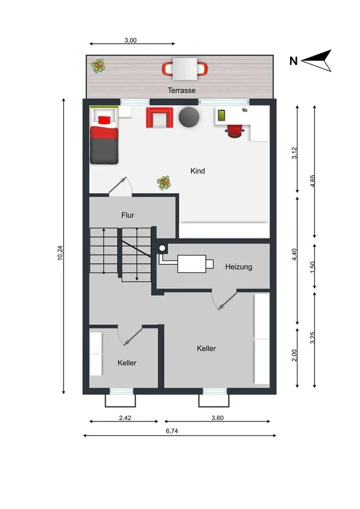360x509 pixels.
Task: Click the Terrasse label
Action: [181, 90]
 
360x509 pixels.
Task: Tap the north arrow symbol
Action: [317, 61]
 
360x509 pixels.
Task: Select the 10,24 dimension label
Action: [60, 252]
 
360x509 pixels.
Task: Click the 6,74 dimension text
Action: [172, 431]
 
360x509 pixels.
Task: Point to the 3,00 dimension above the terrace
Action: [130, 40]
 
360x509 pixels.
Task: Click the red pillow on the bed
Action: [104, 120]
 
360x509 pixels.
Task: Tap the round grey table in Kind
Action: [189, 117]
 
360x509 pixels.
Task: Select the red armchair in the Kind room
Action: [159, 118]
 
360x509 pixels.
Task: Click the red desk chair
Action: [235, 131]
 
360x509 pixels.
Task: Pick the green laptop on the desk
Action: [221, 116]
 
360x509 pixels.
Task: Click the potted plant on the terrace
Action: [98, 66]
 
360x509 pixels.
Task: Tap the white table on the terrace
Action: [185, 69]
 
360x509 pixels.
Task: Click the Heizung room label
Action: [239, 267]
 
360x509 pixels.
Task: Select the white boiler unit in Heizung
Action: [191, 264]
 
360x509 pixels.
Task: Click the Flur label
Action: [128, 215]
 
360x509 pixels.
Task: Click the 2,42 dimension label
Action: [125, 418]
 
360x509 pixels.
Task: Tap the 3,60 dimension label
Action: [217, 418]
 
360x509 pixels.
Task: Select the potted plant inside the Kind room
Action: [164, 183]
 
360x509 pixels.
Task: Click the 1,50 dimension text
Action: [312, 267]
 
